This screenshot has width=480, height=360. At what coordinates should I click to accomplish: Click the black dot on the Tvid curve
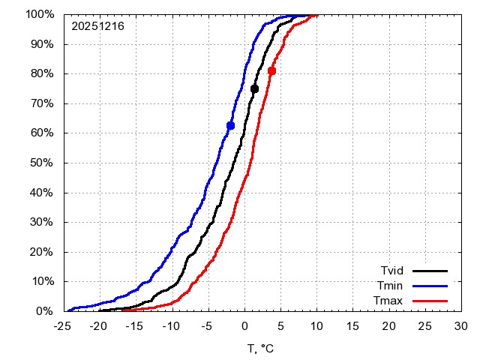click(254, 89)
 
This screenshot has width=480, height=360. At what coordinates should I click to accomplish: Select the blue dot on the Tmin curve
click(230, 125)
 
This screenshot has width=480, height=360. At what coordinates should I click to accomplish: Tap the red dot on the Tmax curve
click(271, 70)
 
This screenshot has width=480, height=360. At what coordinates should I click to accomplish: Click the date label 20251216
click(97, 26)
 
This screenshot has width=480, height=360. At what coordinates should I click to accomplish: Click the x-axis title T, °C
click(262, 349)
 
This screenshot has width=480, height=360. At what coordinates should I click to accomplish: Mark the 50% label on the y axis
click(42, 163)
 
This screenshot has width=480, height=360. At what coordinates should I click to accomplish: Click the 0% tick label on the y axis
click(45, 311)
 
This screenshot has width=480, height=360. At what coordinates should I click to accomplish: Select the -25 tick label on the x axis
click(63, 326)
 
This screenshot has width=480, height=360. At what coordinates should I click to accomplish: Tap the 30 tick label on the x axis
click(460, 326)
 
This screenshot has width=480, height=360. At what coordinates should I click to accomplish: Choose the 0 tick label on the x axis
click(244, 326)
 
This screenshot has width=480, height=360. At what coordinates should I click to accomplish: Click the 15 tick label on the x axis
click(352, 326)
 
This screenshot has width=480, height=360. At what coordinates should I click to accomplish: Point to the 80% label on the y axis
click(42, 73)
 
